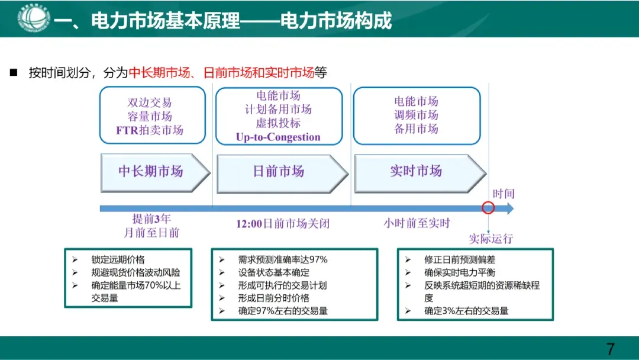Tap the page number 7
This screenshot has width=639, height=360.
[611, 348]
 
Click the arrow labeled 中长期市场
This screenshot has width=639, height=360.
[151, 172]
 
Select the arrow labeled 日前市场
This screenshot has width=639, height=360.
[279, 172]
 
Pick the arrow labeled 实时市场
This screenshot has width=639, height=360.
[416, 171]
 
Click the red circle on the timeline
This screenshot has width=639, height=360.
[488, 208]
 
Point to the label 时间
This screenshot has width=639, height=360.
[504, 194]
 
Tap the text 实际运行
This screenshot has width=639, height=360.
[491, 239]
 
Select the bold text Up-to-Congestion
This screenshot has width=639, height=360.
[277, 137]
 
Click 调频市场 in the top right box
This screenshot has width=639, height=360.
[416, 115]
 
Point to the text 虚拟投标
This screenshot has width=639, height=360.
[278, 123]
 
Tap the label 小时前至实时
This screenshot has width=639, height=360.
[417, 223]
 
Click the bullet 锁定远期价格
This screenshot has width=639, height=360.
[118, 259]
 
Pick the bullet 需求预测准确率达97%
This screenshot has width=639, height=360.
[282, 259]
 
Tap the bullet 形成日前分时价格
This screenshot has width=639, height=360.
[273, 298]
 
